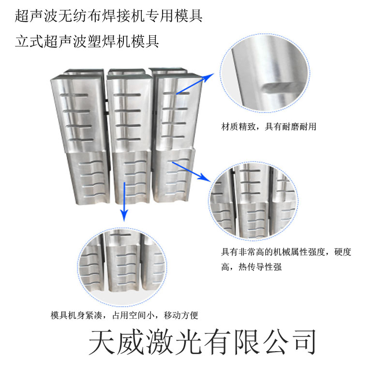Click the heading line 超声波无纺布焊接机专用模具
point(108,16)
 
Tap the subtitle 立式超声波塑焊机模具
point(87,41)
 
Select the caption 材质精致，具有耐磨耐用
point(268,127)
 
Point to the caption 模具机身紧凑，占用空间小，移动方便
point(124,315)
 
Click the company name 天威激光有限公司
point(202,342)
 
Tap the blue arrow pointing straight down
point(125,202)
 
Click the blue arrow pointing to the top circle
point(195,84)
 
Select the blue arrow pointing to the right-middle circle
point(192,172)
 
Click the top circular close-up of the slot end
point(265,73)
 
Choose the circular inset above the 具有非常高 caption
point(253,201)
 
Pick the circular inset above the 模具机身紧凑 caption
point(122,268)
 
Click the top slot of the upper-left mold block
point(74,95)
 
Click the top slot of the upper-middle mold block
point(127,95)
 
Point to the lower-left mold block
point(89,179)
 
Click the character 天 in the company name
point(102,342)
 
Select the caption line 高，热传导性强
point(251,267)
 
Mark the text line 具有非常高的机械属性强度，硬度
point(286,252)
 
